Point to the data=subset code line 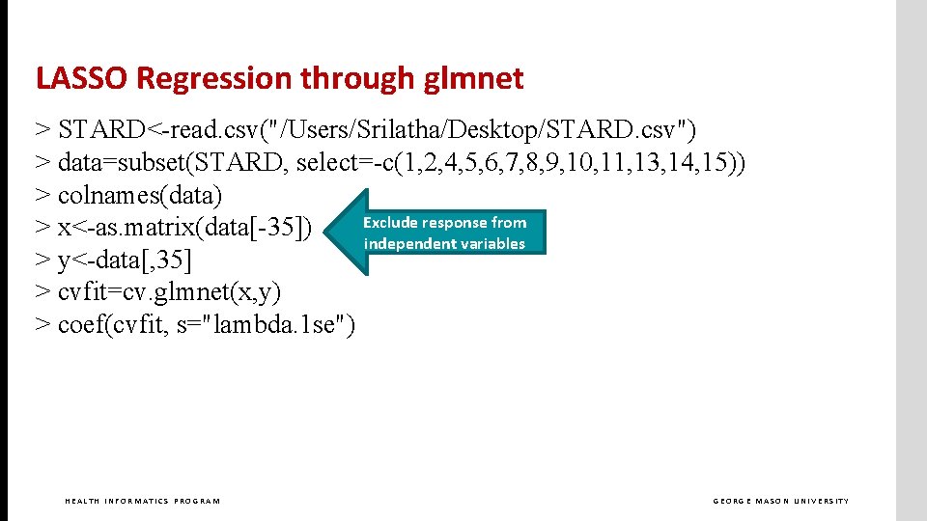pos(390,162)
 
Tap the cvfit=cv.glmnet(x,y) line pos(158,291)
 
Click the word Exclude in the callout pos(388,223)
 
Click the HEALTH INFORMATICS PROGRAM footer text pos(142,501)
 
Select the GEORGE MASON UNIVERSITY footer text pos(781,501)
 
